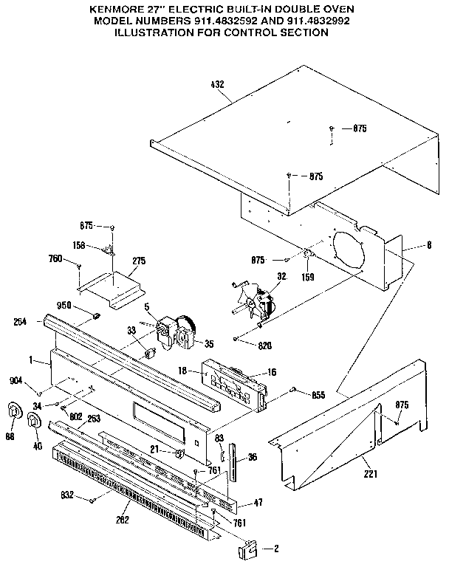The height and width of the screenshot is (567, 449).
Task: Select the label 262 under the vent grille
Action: [x=122, y=520]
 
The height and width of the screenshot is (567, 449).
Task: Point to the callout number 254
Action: [x=21, y=321]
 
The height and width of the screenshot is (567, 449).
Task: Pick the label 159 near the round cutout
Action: [x=308, y=277]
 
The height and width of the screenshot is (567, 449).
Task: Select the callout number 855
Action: [x=318, y=396]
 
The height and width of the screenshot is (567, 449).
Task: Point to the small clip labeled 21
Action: [x=179, y=450]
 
